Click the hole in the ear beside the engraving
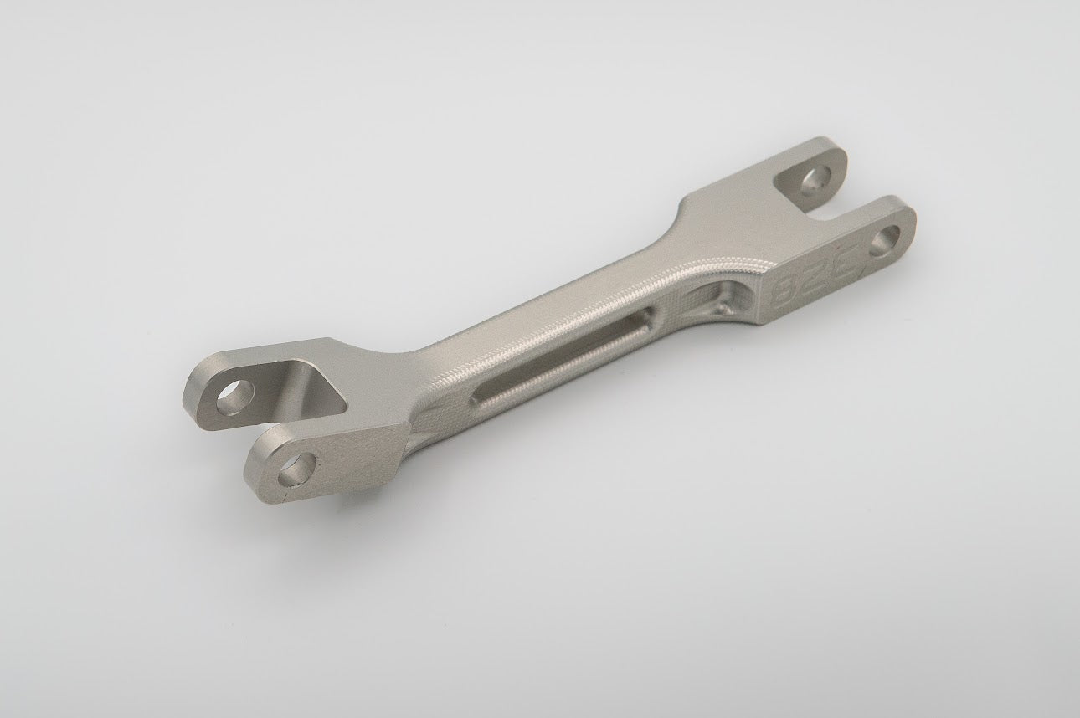point(885,241)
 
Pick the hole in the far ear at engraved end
point(811,182)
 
